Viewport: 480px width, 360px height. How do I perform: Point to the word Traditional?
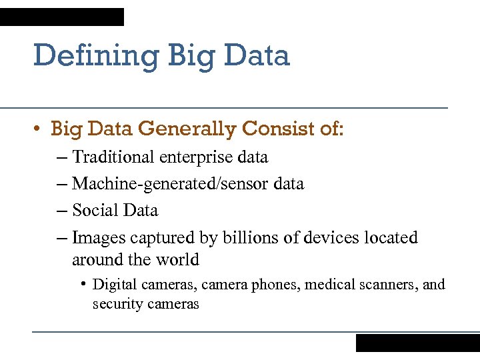point(113,157)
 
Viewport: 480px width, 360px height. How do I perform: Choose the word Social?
point(93,211)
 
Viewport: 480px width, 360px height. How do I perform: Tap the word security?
point(117,304)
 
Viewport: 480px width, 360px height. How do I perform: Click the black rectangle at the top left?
point(62,17)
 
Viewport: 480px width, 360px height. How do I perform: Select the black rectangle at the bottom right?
point(417,343)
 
